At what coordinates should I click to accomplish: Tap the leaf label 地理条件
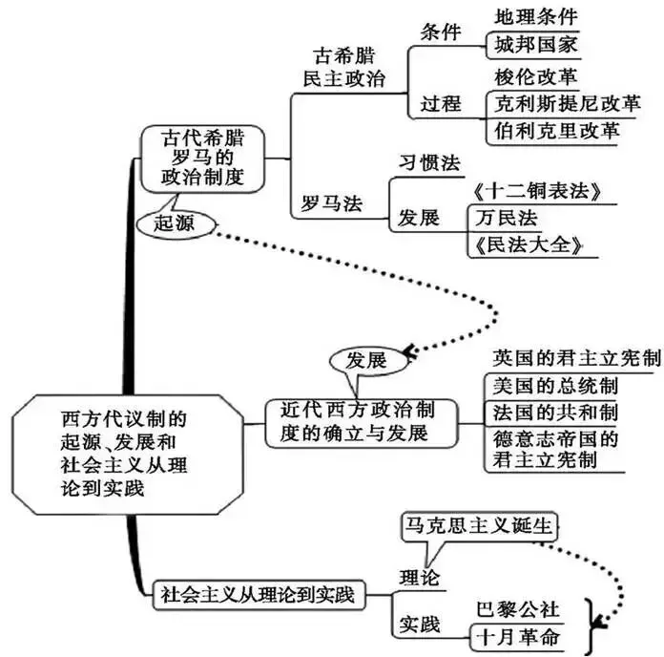(x=535, y=16)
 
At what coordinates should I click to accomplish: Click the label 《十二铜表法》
(x=535, y=191)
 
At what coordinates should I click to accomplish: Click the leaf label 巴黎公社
(x=516, y=608)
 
